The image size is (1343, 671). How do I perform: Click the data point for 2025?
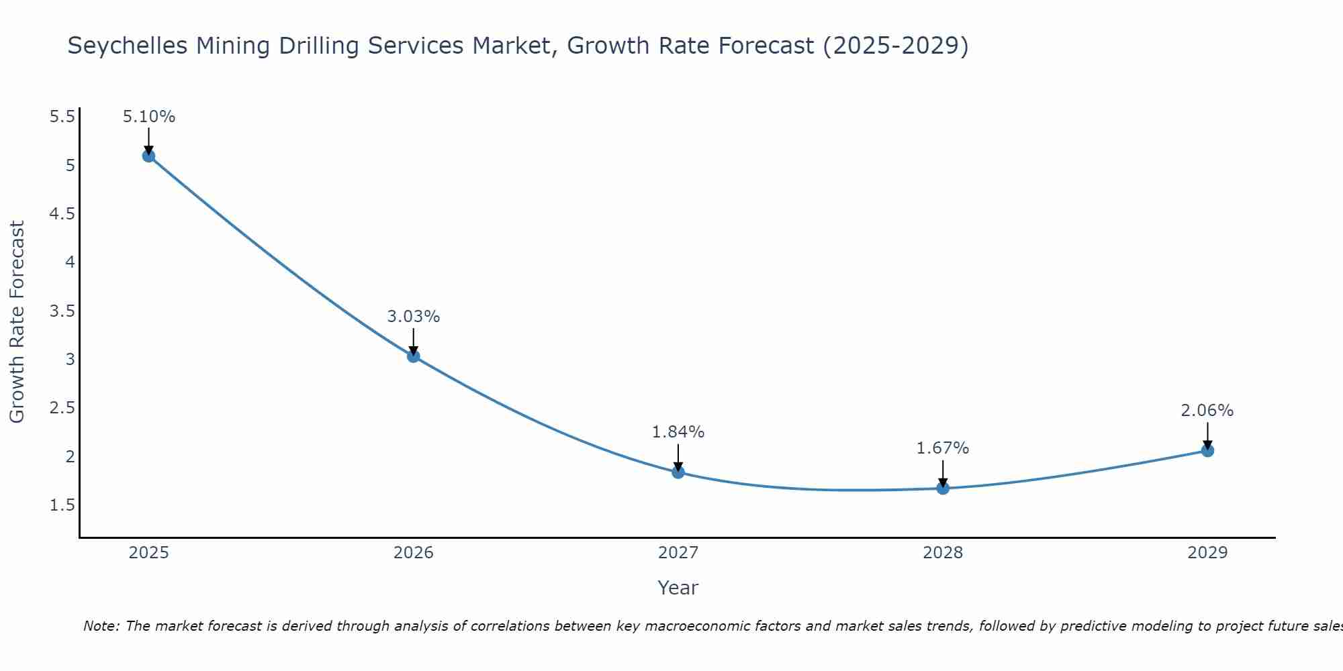[148, 156]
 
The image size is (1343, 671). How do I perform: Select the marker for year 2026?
[414, 356]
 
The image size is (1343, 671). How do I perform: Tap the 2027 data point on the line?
[678, 472]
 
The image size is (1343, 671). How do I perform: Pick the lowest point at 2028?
[943, 488]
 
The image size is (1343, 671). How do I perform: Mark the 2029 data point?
[1207, 450]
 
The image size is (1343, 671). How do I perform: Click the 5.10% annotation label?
[148, 117]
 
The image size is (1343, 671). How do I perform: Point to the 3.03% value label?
[414, 317]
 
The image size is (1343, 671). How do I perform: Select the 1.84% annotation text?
[678, 432]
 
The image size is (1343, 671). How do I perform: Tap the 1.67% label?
[943, 448]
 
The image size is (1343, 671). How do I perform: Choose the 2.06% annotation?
[1207, 411]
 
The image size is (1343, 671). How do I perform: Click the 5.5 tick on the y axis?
[62, 117]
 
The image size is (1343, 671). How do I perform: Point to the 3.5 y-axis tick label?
[62, 311]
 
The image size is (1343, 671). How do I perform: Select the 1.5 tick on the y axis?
[62, 505]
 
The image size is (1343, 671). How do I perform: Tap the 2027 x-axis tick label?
[678, 553]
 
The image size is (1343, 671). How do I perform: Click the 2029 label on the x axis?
[1207, 553]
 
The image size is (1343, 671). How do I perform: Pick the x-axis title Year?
[678, 588]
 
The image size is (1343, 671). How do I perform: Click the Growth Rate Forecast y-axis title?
[17, 322]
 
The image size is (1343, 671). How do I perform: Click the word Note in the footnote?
[101, 626]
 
